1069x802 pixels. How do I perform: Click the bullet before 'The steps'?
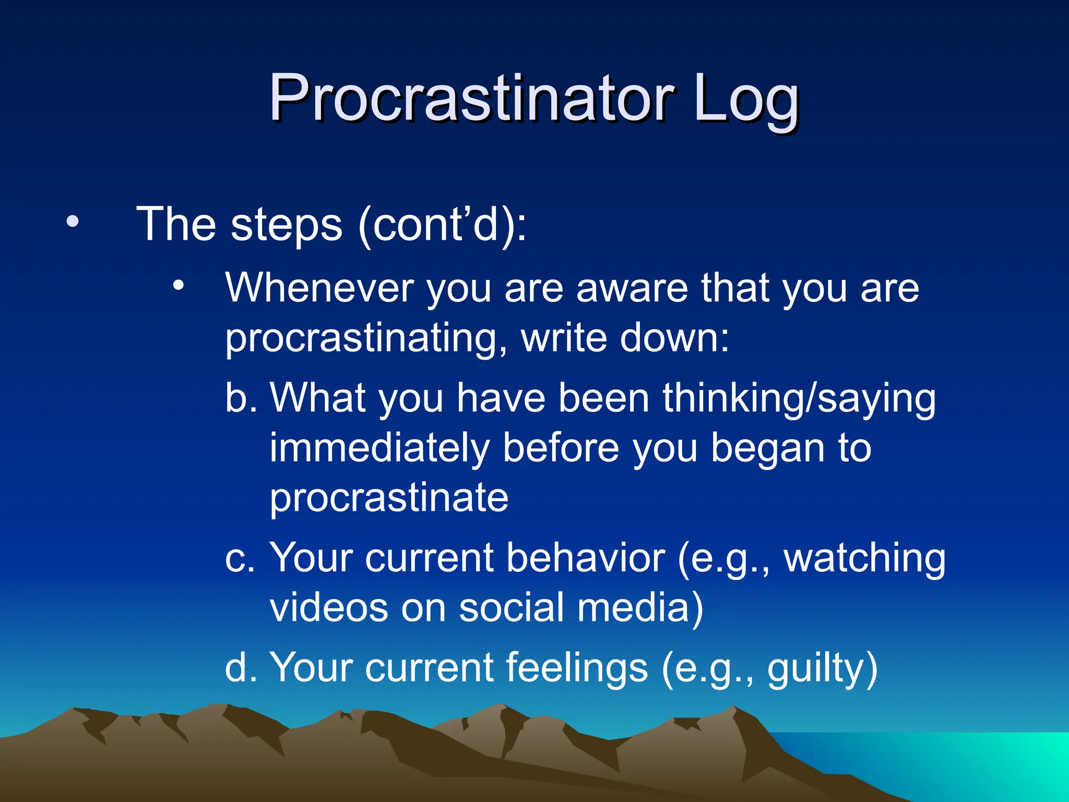(x=73, y=222)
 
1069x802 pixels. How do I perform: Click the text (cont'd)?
(x=443, y=225)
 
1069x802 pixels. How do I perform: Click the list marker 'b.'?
(x=241, y=398)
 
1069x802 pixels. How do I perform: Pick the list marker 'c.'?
(x=240, y=558)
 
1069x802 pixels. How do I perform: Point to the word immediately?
(x=379, y=449)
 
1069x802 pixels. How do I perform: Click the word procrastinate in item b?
(x=389, y=498)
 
